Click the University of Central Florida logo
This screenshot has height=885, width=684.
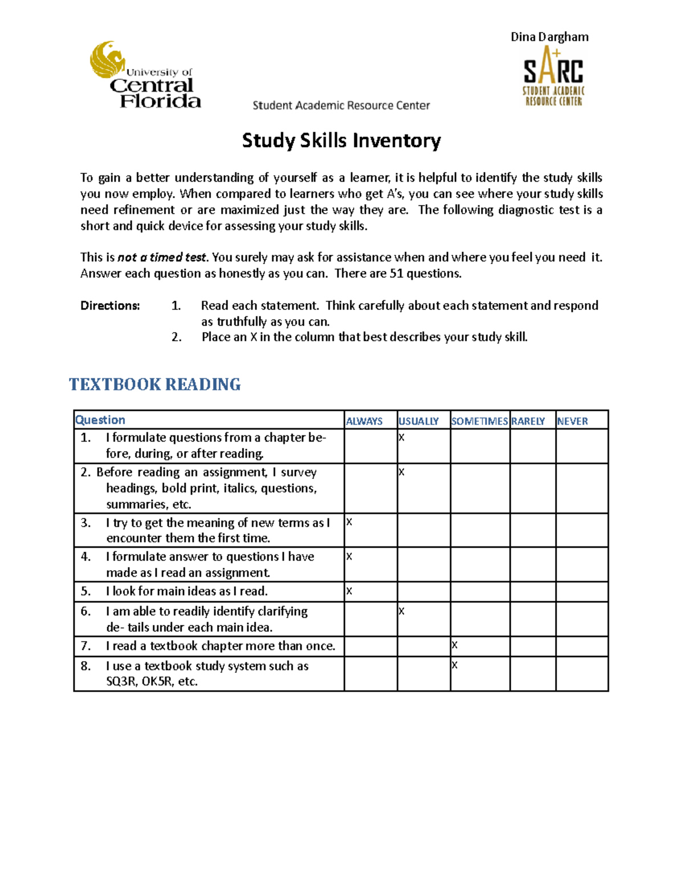click(145, 75)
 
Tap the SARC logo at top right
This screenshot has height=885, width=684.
click(553, 77)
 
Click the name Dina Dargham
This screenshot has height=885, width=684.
click(549, 37)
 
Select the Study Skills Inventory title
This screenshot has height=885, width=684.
click(341, 140)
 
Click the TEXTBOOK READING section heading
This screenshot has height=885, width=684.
click(154, 385)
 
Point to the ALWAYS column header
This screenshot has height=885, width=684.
click(364, 421)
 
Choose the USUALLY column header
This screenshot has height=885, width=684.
click(418, 421)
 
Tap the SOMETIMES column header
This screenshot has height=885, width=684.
click(479, 421)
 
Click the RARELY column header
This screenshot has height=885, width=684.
click(528, 421)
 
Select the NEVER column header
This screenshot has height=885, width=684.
click(572, 421)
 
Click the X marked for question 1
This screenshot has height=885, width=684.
click(402, 438)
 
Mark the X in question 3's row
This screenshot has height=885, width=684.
click(349, 522)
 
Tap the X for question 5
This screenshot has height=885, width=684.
click(349, 591)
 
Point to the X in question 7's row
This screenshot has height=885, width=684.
click(455, 645)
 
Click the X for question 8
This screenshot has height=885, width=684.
click(455, 665)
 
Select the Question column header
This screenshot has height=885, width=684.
click(100, 420)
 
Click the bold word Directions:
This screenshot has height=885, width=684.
click(110, 305)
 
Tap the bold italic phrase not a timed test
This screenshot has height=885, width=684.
click(162, 257)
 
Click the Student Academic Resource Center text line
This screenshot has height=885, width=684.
click(341, 105)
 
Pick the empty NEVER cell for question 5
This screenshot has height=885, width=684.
click(581, 592)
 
